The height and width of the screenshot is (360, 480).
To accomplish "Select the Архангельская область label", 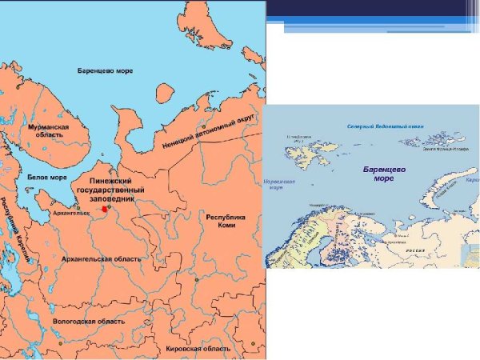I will click(102, 259).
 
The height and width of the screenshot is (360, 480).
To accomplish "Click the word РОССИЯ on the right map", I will click(414, 250).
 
